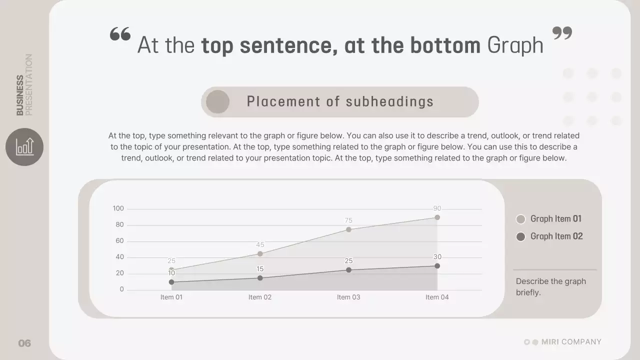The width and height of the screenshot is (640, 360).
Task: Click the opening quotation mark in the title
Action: [x=120, y=34]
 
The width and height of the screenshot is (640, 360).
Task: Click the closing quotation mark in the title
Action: [x=562, y=33]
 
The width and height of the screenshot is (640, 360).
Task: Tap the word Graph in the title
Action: [x=515, y=45]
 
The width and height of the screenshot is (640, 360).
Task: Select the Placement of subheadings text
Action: [x=340, y=101]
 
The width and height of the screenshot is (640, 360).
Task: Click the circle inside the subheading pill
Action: [x=217, y=102]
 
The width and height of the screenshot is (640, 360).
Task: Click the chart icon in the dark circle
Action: [x=24, y=146]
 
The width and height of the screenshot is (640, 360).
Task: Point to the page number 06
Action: [x=24, y=343]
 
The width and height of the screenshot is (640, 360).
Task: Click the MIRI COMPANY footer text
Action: [x=571, y=342]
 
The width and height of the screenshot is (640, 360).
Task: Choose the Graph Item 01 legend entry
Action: [x=549, y=219]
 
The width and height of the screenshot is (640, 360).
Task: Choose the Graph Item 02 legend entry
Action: [x=549, y=236]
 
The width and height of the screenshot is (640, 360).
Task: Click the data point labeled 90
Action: [x=437, y=217]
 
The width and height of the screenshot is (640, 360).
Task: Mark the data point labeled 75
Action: [x=348, y=229]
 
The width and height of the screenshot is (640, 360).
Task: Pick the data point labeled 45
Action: [x=260, y=254]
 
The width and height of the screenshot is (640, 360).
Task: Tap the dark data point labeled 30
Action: [x=437, y=266]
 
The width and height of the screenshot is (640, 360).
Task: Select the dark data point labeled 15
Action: [x=260, y=278]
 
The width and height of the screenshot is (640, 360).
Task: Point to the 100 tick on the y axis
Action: [x=118, y=208]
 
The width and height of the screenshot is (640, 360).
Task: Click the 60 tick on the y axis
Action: [x=119, y=241]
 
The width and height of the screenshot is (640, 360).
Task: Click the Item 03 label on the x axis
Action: [x=348, y=297]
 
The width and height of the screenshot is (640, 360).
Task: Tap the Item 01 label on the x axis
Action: [x=171, y=297]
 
